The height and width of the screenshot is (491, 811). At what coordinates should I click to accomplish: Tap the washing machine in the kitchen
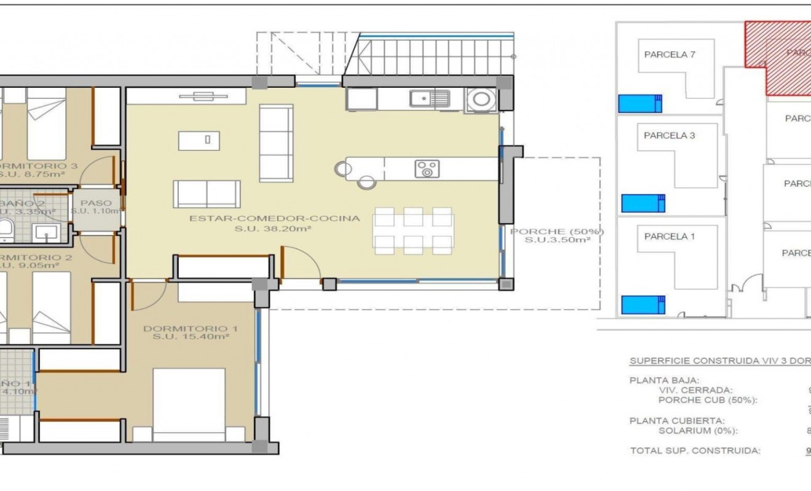pos(480,99)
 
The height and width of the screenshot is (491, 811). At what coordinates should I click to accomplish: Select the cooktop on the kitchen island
pos(426,169)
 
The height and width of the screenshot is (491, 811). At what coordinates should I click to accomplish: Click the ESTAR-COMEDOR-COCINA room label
pos(274,218)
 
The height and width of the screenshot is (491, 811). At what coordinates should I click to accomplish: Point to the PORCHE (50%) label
pos(557,232)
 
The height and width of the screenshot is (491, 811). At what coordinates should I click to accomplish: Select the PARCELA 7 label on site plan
pos(670,54)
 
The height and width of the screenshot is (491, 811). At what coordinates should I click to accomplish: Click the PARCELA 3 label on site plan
pos(670,136)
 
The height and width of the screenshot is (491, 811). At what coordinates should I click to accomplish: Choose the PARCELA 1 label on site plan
pos(670,236)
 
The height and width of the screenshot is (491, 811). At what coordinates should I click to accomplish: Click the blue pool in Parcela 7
pos(640,103)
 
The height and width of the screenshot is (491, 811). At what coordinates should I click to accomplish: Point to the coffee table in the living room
pos(208,141)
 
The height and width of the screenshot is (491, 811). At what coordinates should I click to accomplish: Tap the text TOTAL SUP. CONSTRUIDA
pos(695,450)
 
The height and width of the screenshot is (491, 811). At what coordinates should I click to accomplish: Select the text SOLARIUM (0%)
pos(697,430)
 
